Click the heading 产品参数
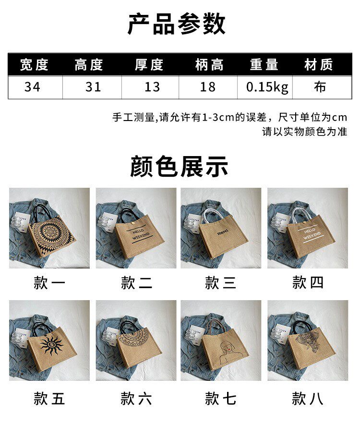pos(176,24)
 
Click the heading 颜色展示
pos(179,167)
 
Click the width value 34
pos(35,87)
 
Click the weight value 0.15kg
pos(267,87)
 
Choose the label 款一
pos(49,283)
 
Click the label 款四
pos(308,283)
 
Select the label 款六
pos(136,398)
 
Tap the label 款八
pos(308,398)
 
